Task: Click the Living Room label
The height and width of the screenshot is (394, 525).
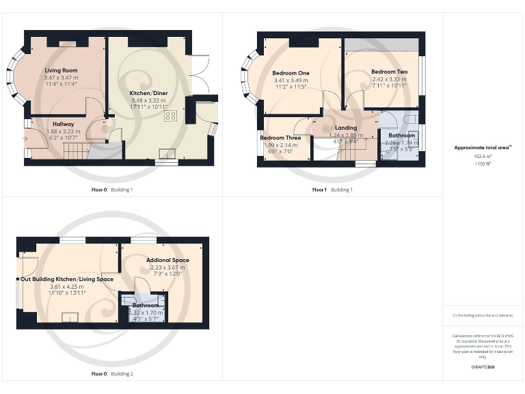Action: coord(61,70)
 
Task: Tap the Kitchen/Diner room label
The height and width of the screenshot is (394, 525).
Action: coord(150,92)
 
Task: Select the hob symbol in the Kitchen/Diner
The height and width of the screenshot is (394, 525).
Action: coord(170,116)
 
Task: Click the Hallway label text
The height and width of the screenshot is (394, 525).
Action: coord(63,124)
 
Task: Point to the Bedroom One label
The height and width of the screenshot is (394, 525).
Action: coord(291,73)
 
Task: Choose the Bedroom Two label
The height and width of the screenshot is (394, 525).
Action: coord(389,71)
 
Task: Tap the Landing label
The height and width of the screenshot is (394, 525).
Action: coord(345,128)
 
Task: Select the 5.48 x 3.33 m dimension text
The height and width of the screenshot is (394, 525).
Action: coord(149,100)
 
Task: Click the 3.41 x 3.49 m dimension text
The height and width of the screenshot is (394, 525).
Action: coord(291,81)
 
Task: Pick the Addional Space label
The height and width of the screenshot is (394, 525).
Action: coord(167,260)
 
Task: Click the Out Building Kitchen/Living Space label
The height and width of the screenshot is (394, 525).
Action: coord(66,279)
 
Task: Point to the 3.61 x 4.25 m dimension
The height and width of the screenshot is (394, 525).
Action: coord(66,287)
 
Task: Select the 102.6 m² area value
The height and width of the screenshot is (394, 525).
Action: coord(483,156)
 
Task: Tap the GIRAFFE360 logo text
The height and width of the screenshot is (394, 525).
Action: coord(483,367)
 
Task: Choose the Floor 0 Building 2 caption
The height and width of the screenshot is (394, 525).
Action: coord(112,374)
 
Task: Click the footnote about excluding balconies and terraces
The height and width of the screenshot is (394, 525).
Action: coord(483,315)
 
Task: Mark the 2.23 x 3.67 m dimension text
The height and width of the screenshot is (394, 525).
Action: coord(167,267)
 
